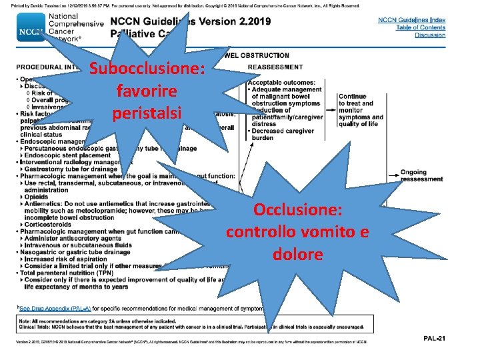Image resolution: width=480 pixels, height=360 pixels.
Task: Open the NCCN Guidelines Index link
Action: [x=411, y=21]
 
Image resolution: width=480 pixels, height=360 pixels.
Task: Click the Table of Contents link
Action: [x=411, y=28]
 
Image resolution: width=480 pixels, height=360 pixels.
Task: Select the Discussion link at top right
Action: [x=430, y=35]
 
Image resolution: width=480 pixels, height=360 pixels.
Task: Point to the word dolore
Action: [x=297, y=254]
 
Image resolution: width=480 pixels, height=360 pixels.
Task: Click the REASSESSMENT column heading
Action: [x=275, y=67]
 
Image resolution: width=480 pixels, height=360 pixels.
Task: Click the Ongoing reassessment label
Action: [x=421, y=175]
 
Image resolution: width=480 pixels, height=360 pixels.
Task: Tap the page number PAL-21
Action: [x=434, y=339]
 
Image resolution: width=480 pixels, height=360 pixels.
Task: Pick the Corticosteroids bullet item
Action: [x=51, y=225]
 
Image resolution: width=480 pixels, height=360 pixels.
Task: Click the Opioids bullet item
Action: [x=38, y=197]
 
